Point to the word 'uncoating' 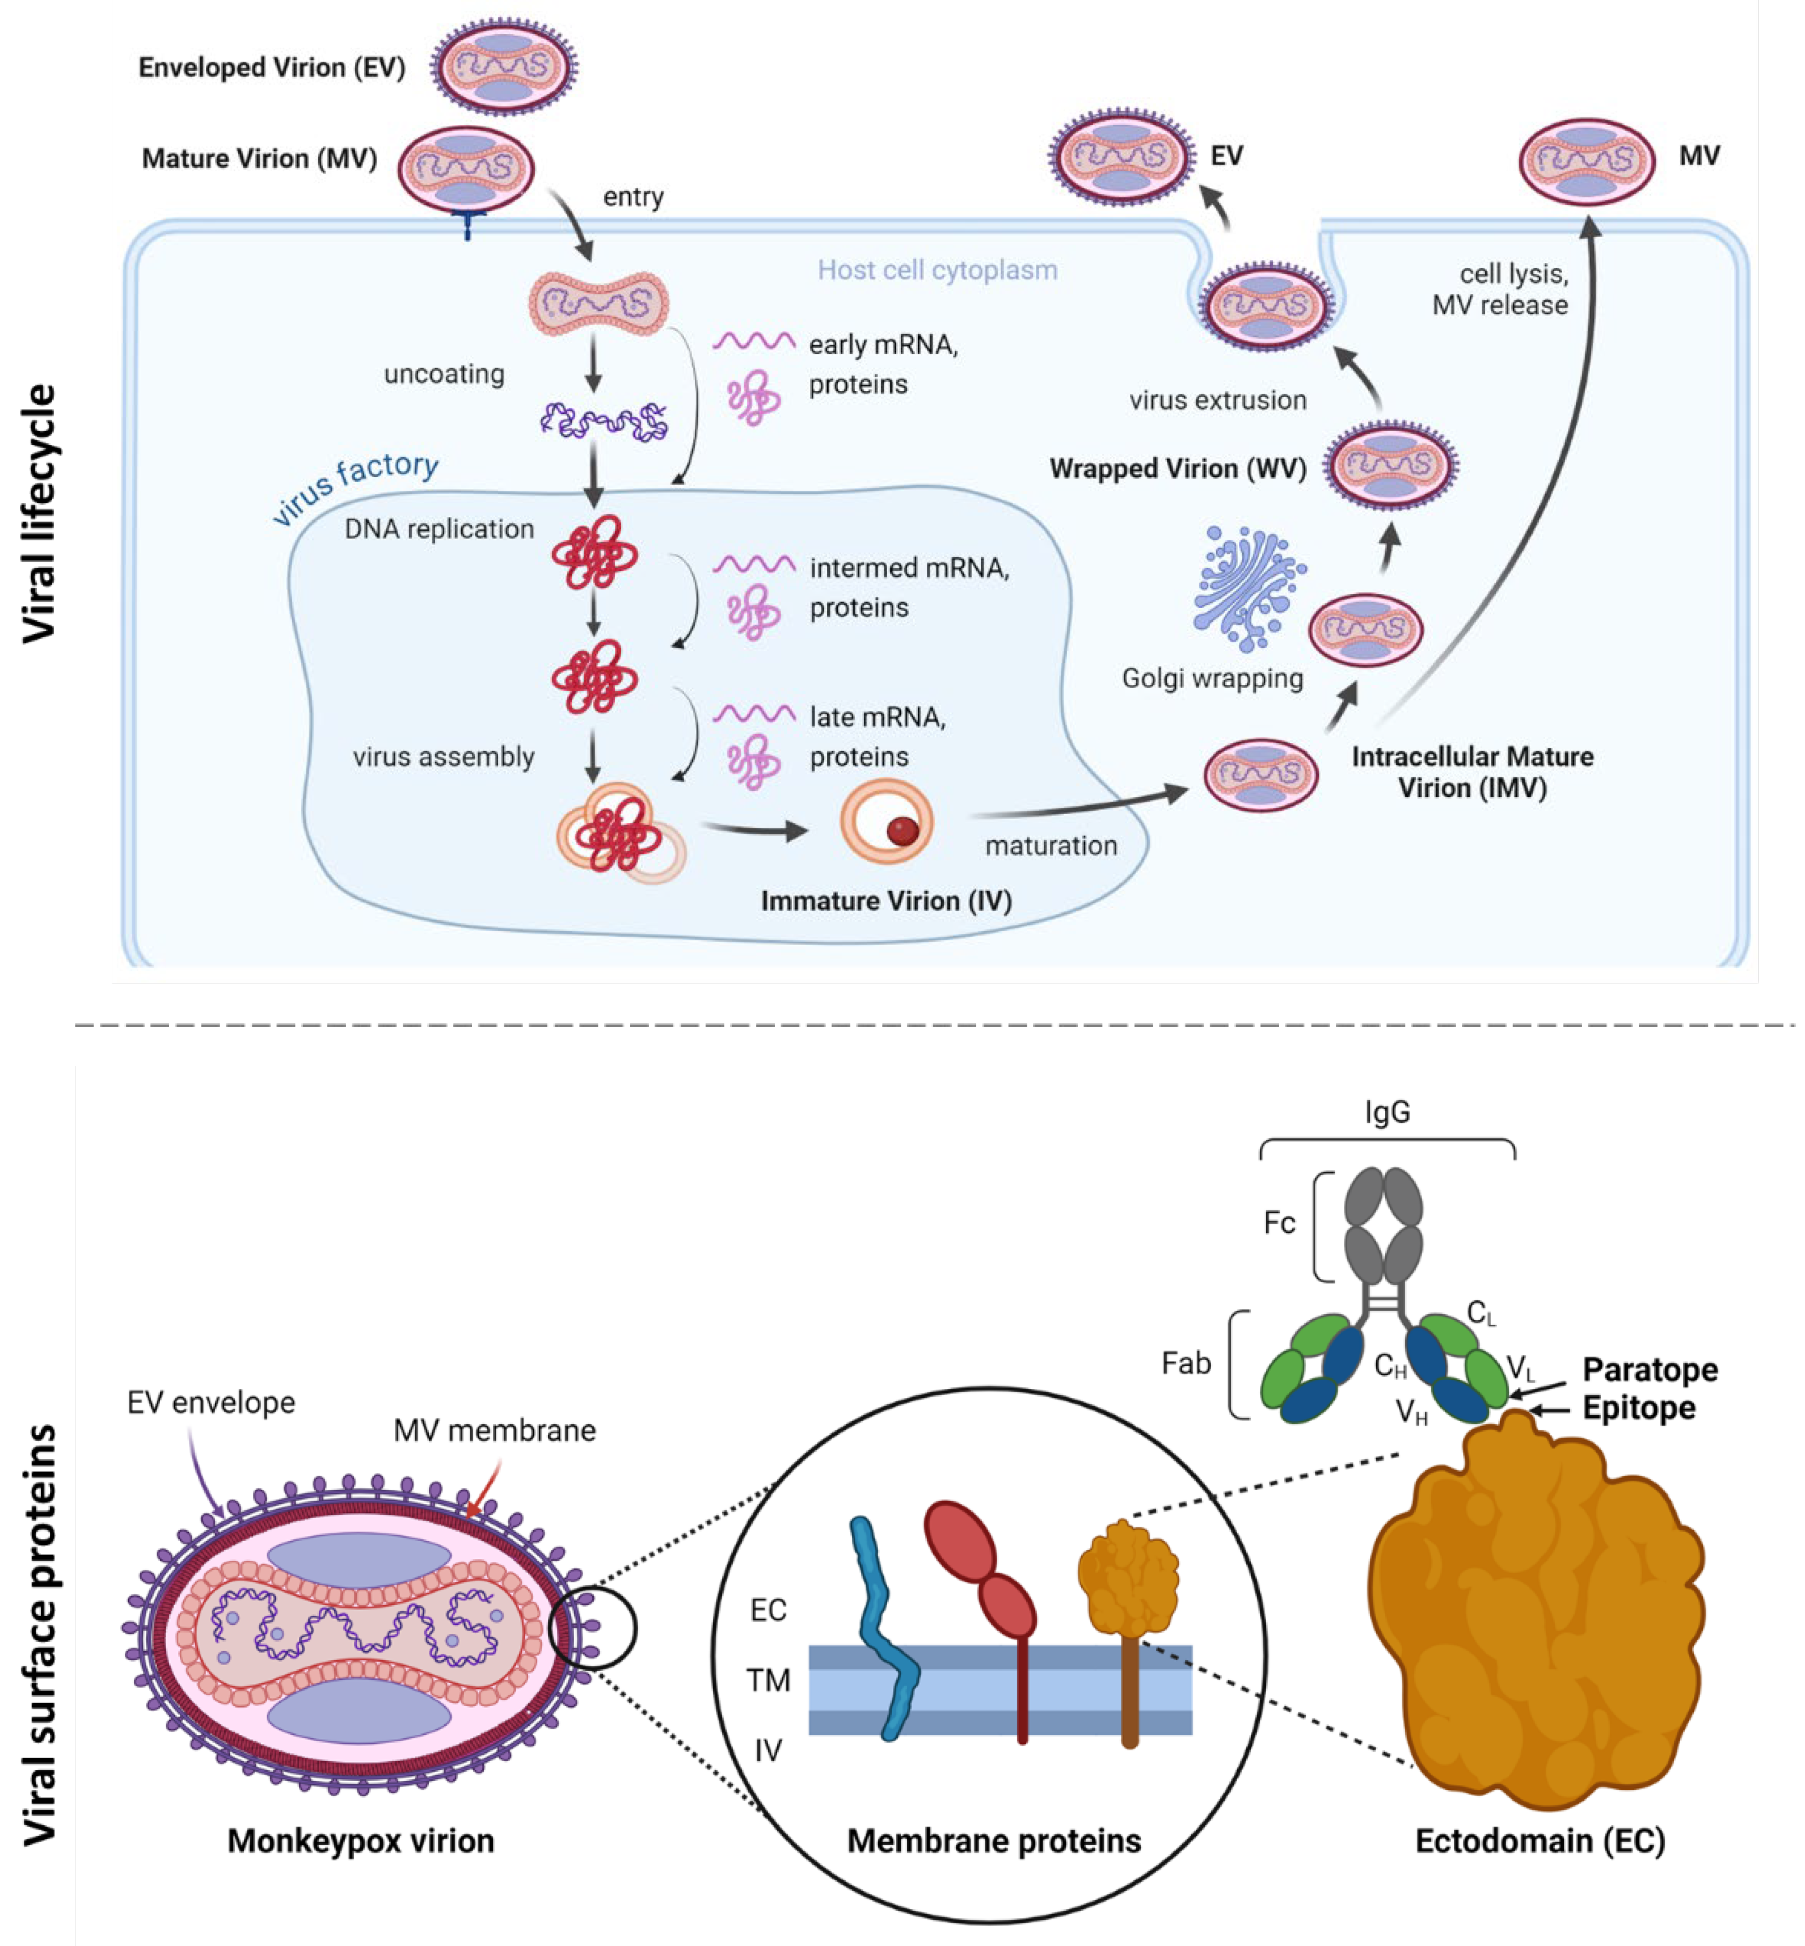444,374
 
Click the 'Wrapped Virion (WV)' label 1177,469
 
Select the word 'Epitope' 1638,1408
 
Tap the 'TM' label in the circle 767,1680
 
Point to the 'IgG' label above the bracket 1387,1112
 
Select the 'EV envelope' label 211,1403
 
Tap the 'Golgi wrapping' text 1212,678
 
